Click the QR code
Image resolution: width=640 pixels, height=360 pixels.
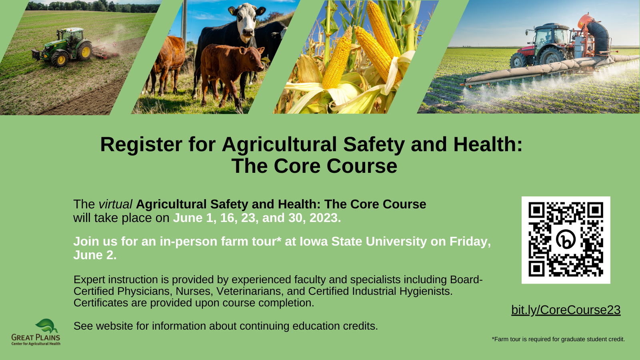click(566, 240)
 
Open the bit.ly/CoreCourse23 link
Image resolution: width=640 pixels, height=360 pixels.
click(566, 310)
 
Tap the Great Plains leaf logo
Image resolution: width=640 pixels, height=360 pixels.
click(46, 326)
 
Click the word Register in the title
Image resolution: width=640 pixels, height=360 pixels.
click(141, 145)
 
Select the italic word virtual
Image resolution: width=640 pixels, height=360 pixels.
click(116, 204)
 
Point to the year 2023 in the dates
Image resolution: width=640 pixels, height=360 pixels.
click(325, 218)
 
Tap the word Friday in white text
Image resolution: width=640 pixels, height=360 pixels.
click(470, 242)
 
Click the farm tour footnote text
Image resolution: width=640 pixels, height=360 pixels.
click(558, 339)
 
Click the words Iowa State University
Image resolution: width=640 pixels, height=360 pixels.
click(363, 242)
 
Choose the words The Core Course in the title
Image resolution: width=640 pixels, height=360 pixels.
click(314, 166)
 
